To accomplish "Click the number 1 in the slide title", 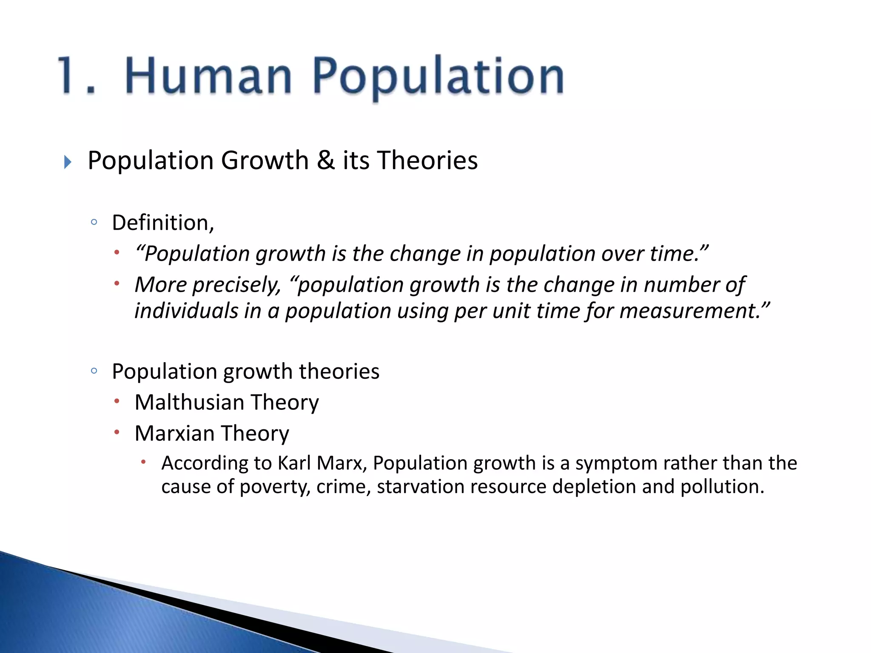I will [70, 76].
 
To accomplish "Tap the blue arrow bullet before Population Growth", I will [68, 162].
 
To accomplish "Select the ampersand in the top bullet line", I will [326, 161].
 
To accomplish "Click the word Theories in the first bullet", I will [427, 161].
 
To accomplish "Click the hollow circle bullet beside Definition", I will [94, 222].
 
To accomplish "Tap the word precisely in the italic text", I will [236, 285].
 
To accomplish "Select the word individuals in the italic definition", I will [186, 311].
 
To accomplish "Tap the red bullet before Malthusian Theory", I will [117, 401].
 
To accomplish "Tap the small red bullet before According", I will [144, 462].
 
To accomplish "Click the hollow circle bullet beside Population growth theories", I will [94, 371].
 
